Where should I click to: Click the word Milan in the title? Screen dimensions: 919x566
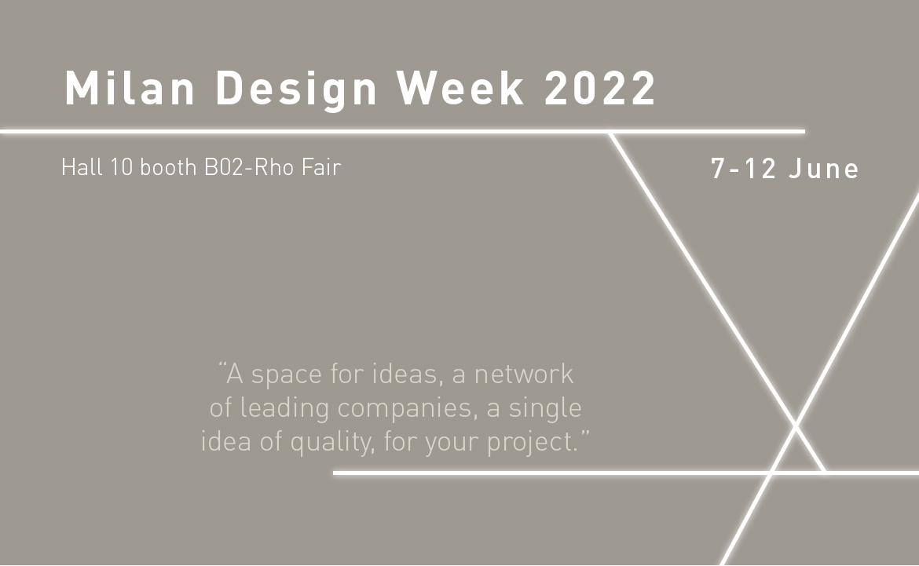[130, 88]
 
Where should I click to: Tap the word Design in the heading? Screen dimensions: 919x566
[296, 90]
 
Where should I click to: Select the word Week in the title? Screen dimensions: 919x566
[460, 88]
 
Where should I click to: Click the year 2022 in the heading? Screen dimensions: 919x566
[600, 88]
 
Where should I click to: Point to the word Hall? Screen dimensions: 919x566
[82, 167]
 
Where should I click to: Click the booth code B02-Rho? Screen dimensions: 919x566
[248, 167]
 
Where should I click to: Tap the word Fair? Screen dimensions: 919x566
[321, 167]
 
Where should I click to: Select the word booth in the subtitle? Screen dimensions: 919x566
[168, 167]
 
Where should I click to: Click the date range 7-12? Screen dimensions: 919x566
[745, 169]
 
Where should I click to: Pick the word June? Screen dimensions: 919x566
[823, 169]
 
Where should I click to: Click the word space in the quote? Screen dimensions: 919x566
[287, 376]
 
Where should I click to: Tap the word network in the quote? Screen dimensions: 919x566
[523, 374]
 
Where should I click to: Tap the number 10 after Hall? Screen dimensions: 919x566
[122, 167]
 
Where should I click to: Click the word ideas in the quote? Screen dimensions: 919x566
[408, 374]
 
